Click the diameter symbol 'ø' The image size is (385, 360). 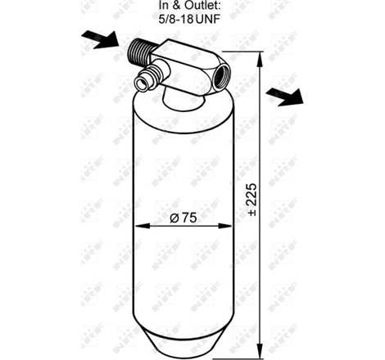point(174,219)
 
